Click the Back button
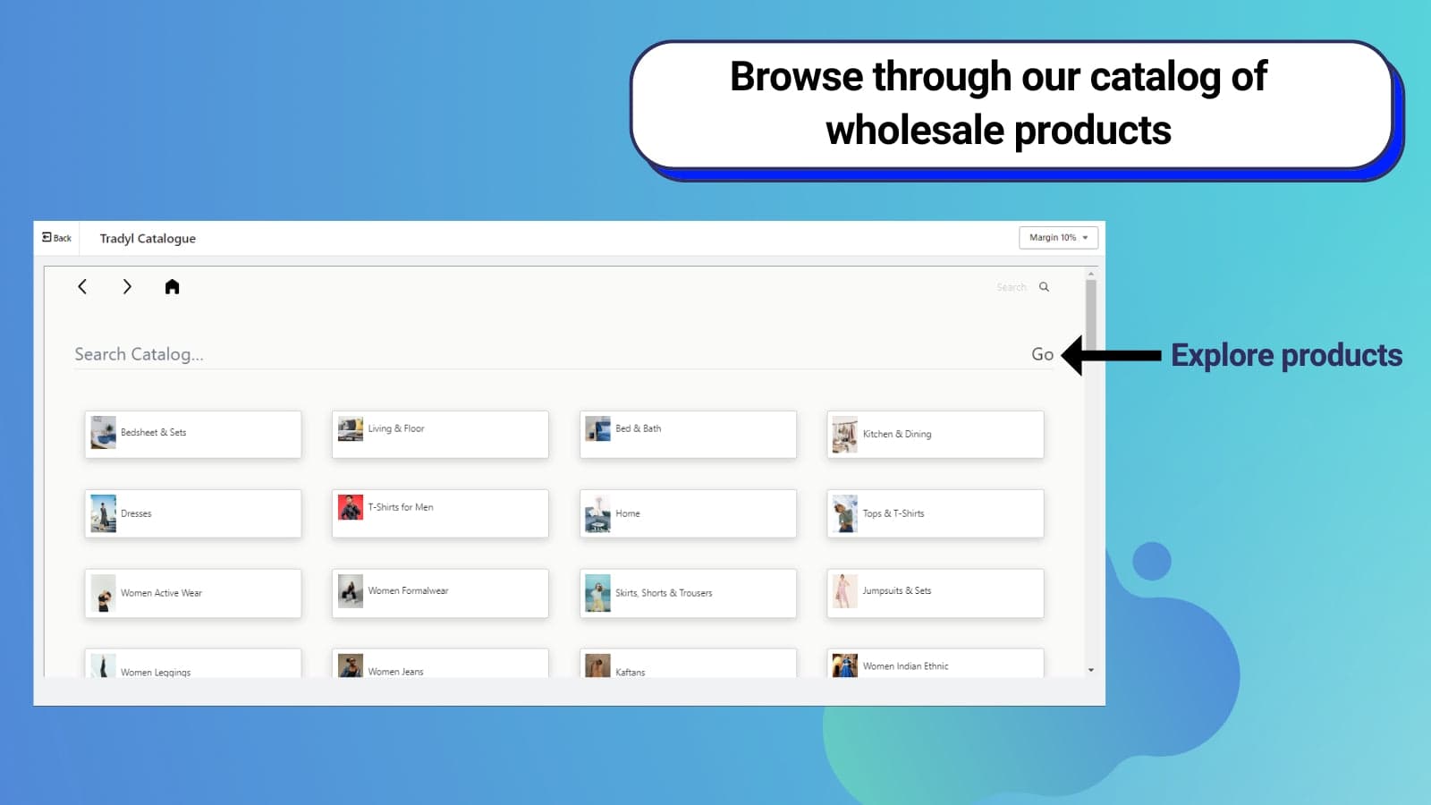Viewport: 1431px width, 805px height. [x=57, y=238]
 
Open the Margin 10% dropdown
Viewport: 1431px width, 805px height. [x=1058, y=238]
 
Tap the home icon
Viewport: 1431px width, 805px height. [x=172, y=287]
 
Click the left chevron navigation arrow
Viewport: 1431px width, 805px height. [x=82, y=287]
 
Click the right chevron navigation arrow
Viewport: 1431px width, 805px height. [x=127, y=287]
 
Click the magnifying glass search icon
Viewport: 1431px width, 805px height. [x=1044, y=287]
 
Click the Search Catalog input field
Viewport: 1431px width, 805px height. [x=549, y=354]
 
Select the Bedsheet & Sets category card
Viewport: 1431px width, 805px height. [x=193, y=435]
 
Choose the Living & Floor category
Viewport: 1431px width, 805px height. [x=440, y=435]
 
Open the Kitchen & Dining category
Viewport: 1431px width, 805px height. [x=936, y=435]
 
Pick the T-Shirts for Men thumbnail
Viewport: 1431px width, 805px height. [x=350, y=507]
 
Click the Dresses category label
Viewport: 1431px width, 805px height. [x=136, y=513]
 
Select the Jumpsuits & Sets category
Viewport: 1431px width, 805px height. [x=936, y=593]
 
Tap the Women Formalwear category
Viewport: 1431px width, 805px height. [x=440, y=593]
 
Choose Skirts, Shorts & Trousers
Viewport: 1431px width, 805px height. [x=688, y=593]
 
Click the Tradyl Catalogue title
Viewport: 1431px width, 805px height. [x=148, y=238]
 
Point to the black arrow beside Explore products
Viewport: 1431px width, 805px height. [x=1112, y=355]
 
